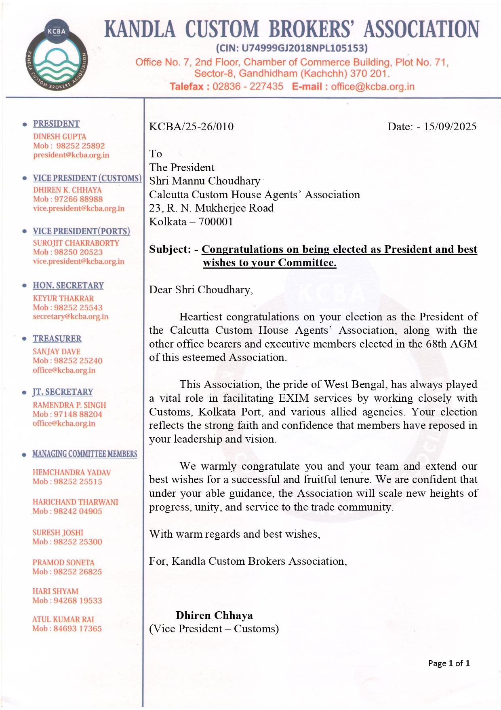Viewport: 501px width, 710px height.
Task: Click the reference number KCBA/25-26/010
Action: [x=191, y=127]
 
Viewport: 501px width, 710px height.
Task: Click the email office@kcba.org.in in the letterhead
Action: [x=373, y=87]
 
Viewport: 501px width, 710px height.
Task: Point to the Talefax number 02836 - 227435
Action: [x=248, y=87]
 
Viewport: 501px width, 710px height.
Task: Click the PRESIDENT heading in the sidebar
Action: [x=56, y=124]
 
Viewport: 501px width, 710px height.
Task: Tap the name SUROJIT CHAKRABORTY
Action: [x=76, y=243]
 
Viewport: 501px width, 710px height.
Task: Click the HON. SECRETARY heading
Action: [x=68, y=286]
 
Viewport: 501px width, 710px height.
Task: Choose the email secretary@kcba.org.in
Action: [x=70, y=316]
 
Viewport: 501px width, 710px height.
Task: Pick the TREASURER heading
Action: [x=57, y=339]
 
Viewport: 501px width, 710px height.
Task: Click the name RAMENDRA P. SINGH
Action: [x=69, y=405]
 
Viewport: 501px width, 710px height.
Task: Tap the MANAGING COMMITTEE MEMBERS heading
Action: [x=84, y=454]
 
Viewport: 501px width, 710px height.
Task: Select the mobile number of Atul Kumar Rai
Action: [x=78, y=629]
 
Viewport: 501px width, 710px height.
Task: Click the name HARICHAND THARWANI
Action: [x=75, y=502]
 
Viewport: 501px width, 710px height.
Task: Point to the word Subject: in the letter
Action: [x=170, y=249]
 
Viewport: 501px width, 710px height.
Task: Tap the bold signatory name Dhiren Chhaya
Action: [x=214, y=615]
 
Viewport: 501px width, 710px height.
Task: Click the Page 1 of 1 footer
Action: [x=449, y=663]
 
